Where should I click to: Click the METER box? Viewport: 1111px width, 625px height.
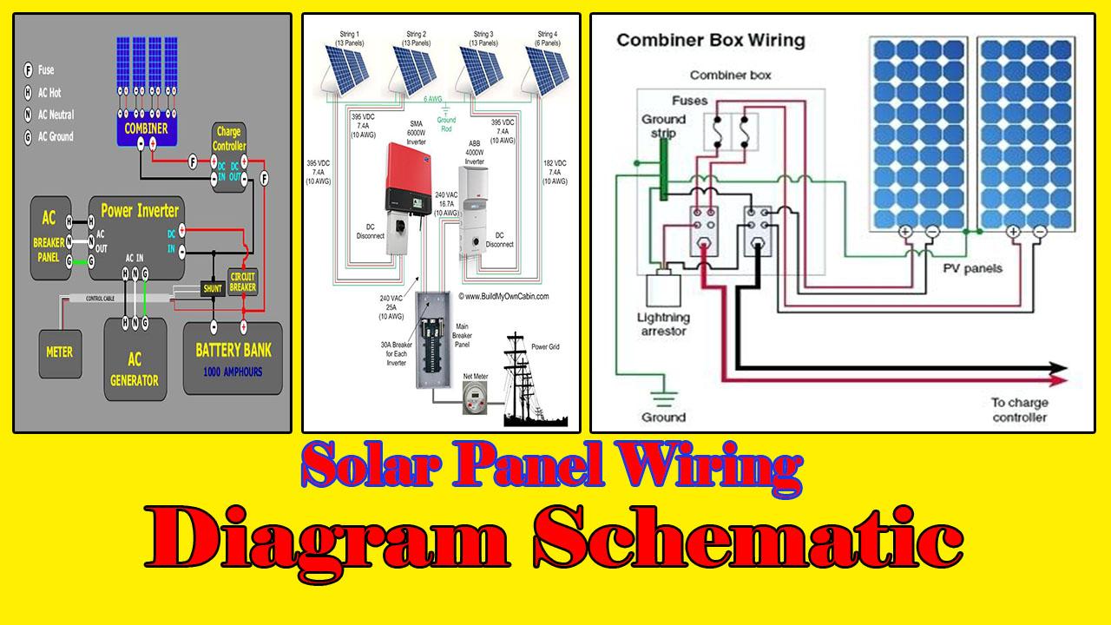click(59, 352)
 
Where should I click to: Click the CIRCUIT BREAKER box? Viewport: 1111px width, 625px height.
click(242, 281)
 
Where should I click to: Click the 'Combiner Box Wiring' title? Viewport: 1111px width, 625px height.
click(710, 41)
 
